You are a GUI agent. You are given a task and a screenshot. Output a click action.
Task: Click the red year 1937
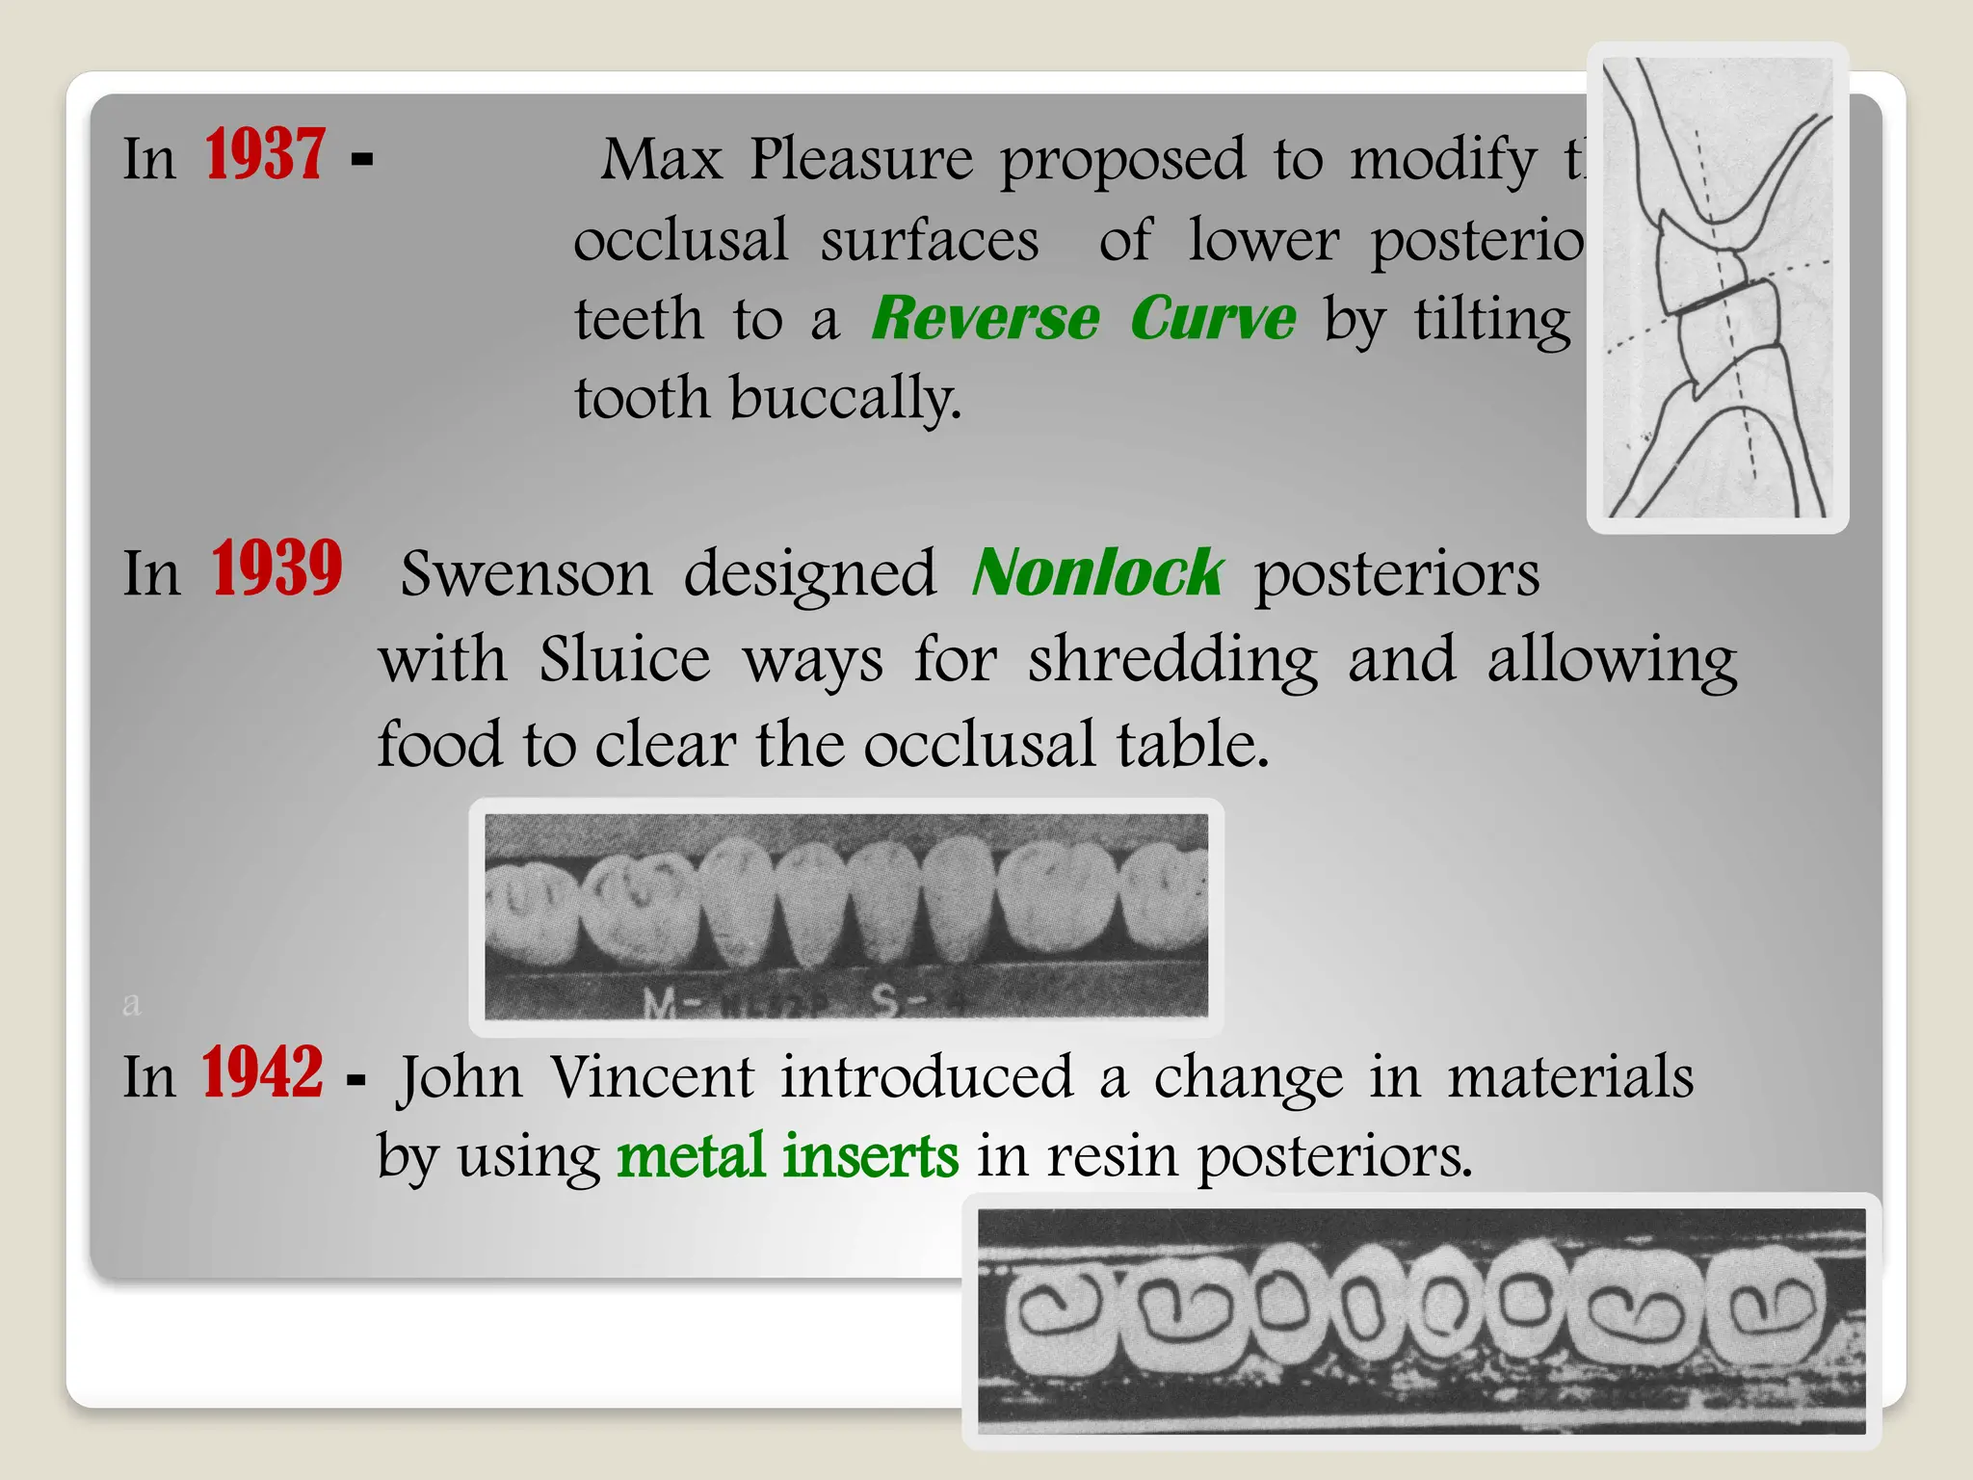coord(264,155)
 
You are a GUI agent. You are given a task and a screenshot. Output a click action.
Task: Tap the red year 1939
coord(276,569)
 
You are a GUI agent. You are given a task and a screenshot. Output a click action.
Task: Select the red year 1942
coord(261,1073)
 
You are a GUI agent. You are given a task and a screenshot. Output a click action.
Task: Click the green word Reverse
coord(985,318)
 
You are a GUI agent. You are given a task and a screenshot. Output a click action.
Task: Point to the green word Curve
coord(1213,318)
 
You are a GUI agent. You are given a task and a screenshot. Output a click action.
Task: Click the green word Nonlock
coord(1097,573)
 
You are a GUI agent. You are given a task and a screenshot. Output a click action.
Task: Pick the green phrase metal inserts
coord(787,1155)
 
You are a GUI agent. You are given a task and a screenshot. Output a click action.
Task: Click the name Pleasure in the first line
coord(861,159)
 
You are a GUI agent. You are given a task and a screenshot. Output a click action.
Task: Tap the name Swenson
coord(526,574)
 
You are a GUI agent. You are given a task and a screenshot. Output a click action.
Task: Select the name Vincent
coord(651,1076)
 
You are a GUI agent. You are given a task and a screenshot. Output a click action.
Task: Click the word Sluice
coord(624,660)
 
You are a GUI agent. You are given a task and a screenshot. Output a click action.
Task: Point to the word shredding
coord(1171,662)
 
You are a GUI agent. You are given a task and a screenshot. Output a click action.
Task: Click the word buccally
coord(845,399)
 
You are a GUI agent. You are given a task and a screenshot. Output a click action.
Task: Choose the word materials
coord(1570,1076)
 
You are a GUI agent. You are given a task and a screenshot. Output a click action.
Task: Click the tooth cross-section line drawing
coord(1718,287)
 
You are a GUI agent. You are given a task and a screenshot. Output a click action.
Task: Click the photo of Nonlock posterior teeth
coord(846,916)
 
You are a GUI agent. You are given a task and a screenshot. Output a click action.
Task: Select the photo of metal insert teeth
coord(1421,1320)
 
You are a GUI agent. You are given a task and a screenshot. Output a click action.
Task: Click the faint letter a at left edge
coord(132,1004)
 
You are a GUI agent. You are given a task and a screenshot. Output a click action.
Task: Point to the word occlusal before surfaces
coord(680,240)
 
